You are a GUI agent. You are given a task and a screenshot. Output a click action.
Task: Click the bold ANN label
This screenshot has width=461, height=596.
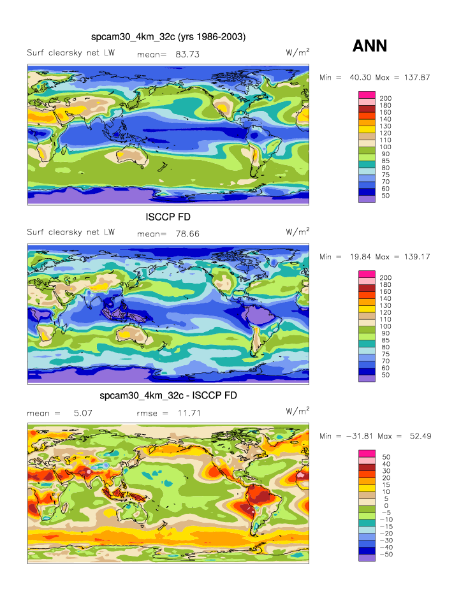click(370, 45)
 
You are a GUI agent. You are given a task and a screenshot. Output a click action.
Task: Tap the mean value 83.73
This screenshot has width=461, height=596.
click(187, 55)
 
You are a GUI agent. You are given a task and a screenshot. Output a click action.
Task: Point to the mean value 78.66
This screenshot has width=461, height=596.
click(187, 234)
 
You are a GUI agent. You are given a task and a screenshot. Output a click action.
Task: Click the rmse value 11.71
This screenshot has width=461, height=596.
click(188, 413)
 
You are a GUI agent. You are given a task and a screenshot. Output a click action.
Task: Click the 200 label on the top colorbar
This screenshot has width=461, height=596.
click(385, 98)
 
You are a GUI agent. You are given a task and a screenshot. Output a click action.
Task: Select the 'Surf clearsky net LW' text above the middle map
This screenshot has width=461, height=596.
click(71, 232)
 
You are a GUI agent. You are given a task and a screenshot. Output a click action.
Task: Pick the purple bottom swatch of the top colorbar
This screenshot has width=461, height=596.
click(367, 199)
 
